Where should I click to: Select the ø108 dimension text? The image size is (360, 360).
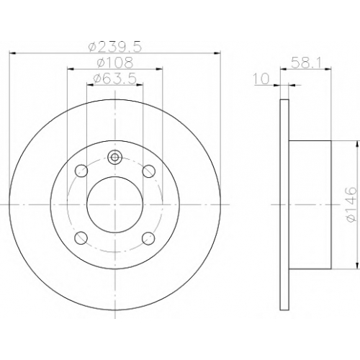(114, 63)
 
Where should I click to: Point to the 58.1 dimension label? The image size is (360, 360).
(306, 63)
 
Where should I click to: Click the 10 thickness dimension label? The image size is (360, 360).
(261, 78)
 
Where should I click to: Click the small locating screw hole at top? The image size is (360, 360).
(115, 157)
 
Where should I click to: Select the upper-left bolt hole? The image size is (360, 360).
(81, 171)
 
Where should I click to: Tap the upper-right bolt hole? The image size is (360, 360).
(148, 171)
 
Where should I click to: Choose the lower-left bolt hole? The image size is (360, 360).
(81, 238)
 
